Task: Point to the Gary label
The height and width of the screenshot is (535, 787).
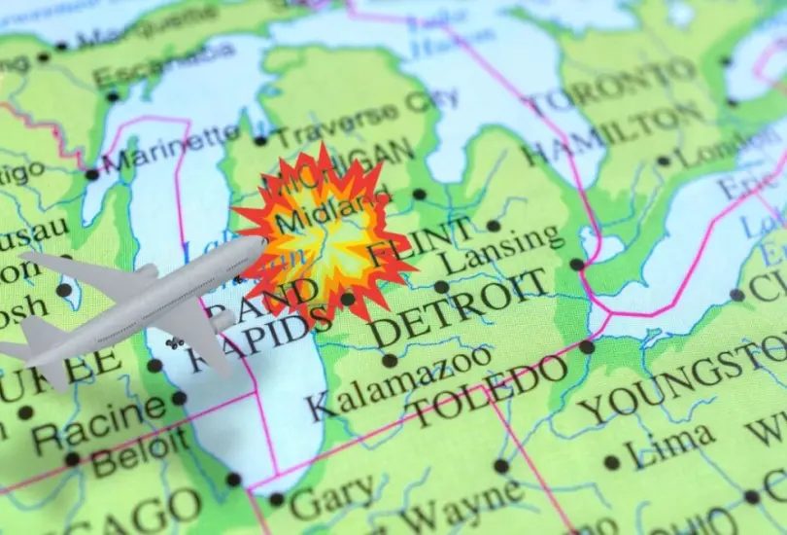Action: (x=330, y=499)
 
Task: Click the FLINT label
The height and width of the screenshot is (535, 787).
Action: (x=421, y=243)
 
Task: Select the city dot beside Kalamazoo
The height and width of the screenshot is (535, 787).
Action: (x=389, y=360)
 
